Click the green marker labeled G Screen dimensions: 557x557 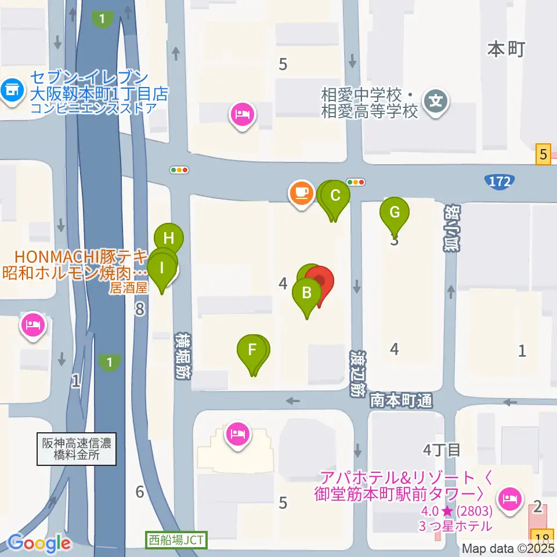point(394,212)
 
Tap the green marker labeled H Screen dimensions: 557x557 point(169,238)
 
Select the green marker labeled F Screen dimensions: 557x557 point(252,351)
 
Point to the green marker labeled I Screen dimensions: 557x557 point(162,269)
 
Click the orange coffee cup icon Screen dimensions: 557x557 point(300,192)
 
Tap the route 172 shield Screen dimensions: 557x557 point(500,182)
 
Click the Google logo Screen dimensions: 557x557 point(39,543)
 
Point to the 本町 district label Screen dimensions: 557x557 point(505,50)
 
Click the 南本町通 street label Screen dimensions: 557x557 point(402,400)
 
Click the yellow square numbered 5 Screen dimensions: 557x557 point(543,154)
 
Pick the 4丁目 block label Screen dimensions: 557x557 point(442,449)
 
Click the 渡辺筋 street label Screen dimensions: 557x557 point(355,372)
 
